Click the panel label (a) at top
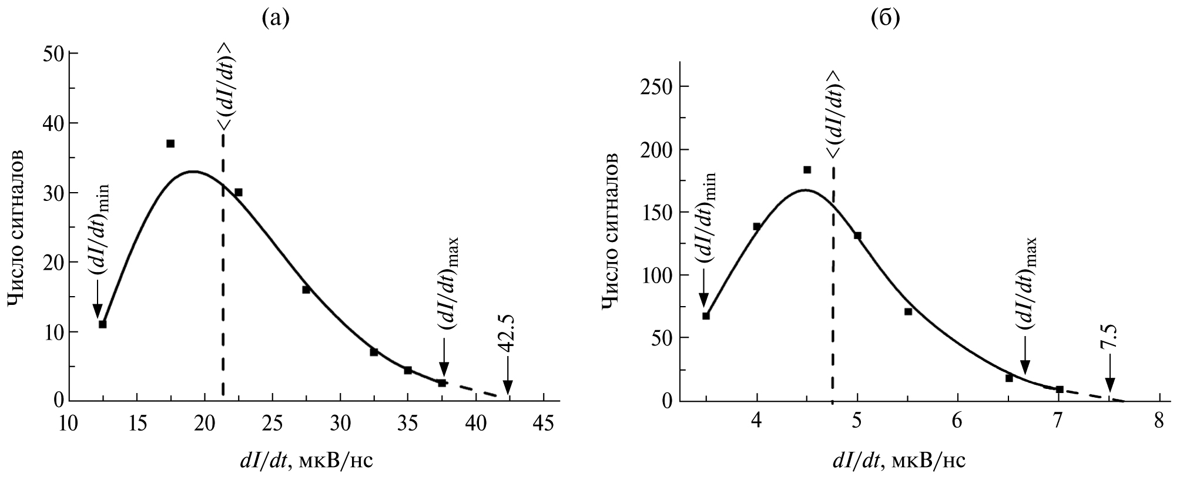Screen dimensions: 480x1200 [276, 19]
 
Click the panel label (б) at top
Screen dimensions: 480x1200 [886, 19]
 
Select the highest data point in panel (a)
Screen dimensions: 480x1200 [170, 143]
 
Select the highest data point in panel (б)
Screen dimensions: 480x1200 [807, 170]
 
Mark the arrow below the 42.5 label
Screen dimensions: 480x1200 [508, 382]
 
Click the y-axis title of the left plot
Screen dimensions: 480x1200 [16, 227]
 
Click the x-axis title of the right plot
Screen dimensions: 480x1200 [897, 461]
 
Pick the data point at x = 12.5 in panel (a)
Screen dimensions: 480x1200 [102, 324]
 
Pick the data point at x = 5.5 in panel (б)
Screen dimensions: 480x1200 [908, 311]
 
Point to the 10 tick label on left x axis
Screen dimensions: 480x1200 [69, 424]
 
